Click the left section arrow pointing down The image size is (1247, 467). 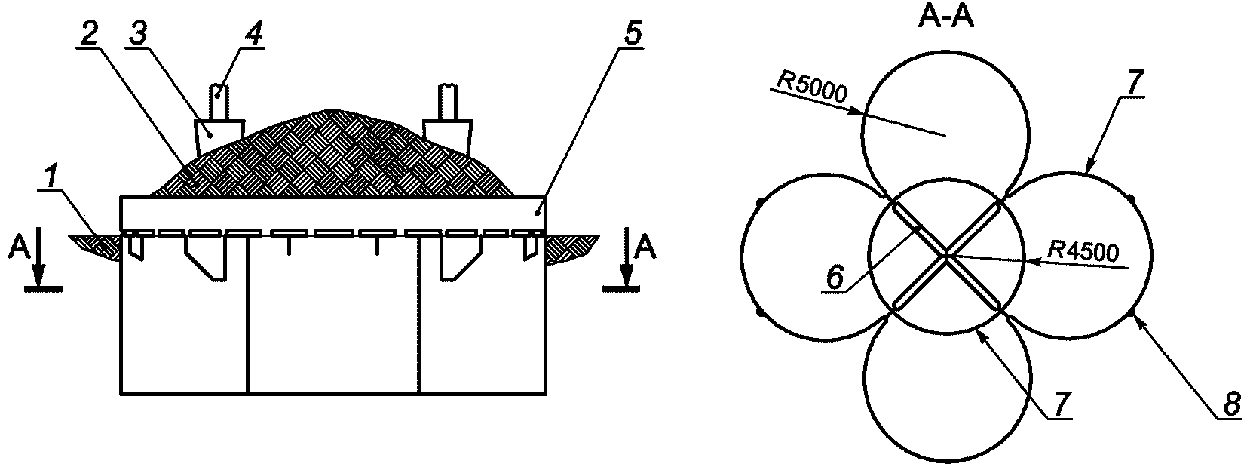[x=42, y=260]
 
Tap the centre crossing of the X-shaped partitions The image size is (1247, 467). [x=946, y=257]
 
